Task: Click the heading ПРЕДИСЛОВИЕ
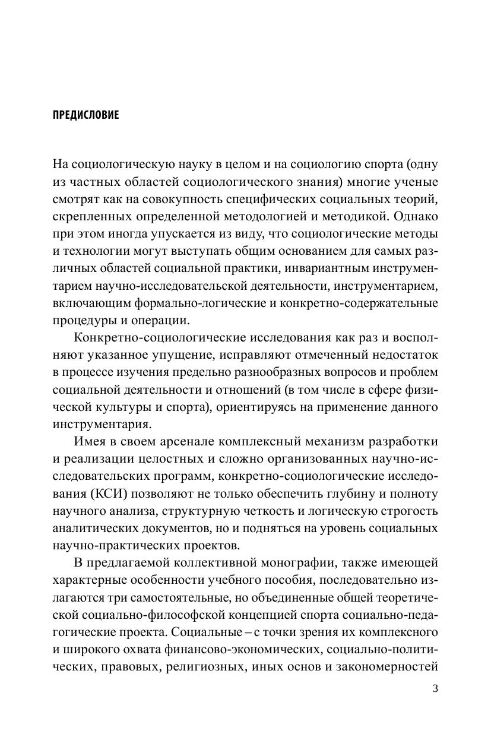(x=85, y=115)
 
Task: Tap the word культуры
(x=134, y=407)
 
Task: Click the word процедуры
(x=83, y=321)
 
